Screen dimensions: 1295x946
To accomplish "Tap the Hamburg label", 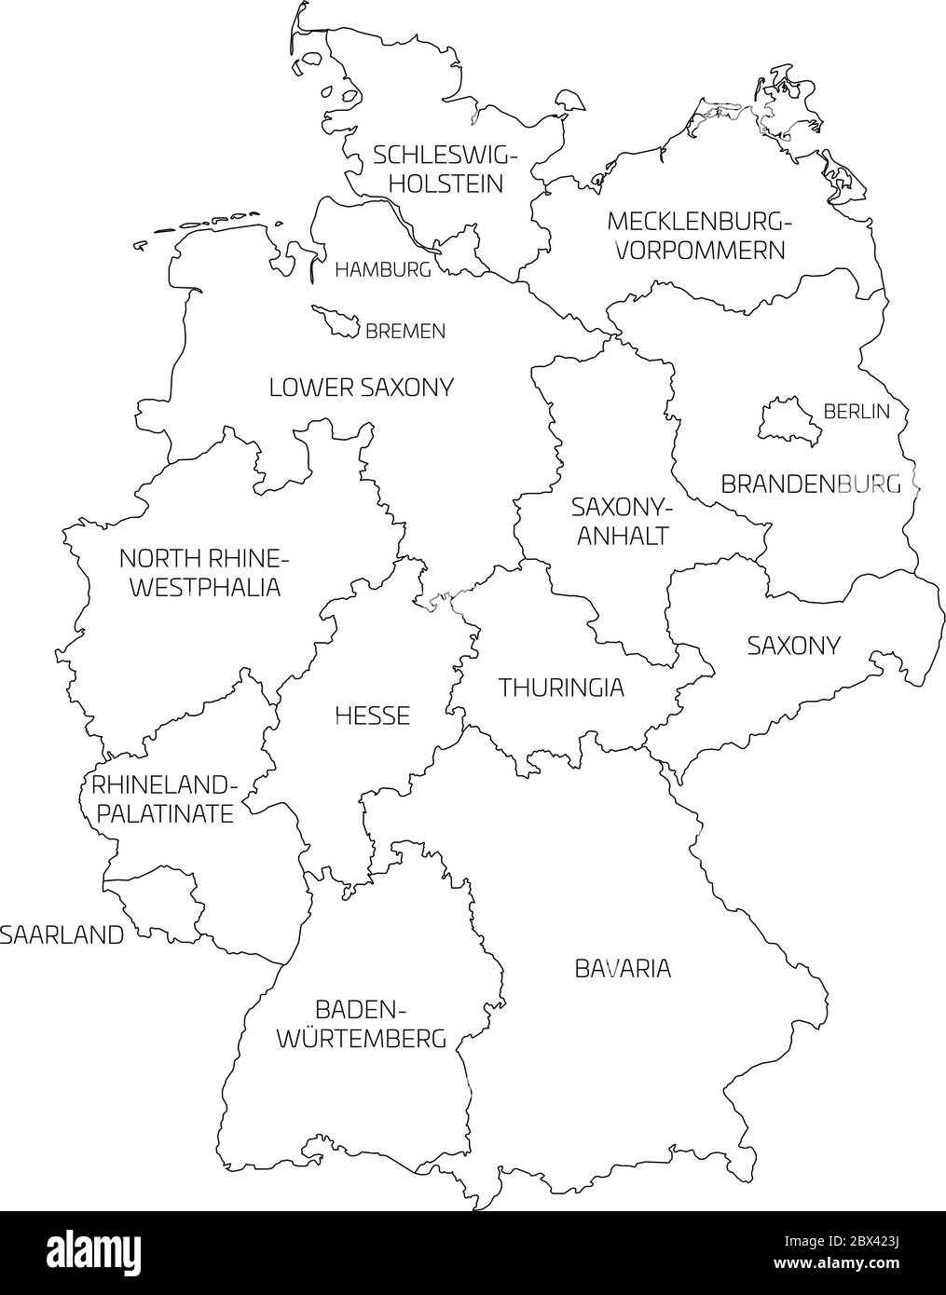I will coord(383,270).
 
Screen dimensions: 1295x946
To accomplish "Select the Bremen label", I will coord(404,331).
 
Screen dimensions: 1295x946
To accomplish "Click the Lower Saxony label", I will coord(361,388).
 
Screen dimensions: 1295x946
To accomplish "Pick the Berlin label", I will coord(857,411).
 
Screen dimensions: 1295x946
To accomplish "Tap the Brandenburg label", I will coord(811,484).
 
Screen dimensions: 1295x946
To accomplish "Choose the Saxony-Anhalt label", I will coord(621,522).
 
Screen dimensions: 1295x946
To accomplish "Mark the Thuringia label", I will coord(561,688).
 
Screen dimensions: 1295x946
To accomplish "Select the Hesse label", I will coord(372,716).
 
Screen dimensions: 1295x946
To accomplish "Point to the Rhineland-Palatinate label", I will coord(163,798).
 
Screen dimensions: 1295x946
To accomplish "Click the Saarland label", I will coord(62,934).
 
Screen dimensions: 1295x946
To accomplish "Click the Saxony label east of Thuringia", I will coord(794,645).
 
